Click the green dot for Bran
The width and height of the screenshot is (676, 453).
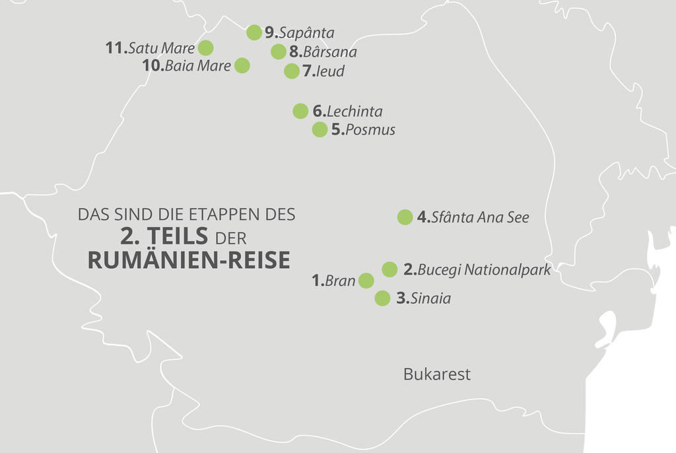[x=366, y=281]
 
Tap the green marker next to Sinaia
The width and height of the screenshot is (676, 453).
[x=382, y=298]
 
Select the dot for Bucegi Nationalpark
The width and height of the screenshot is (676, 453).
[x=389, y=269]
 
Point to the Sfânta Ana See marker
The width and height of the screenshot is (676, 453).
[x=405, y=217]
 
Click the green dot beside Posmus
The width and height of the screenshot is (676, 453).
[x=320, y=129]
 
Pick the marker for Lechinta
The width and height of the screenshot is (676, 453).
[x=300, y=111]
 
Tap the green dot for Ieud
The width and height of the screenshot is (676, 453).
[x=291, y=71]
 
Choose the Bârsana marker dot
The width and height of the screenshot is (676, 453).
[x=279, y=52]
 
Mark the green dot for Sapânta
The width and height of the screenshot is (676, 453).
[x=254, y=32]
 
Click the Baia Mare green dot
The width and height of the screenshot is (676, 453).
[x=242, y=65]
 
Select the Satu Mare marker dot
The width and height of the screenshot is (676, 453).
[x=206, y=48]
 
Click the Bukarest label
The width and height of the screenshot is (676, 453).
[x=437, y=374]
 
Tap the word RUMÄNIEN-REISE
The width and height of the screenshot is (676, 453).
[x=189, y=260]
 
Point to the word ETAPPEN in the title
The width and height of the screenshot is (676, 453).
[x=224, y=215]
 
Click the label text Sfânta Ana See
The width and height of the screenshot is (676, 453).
[x=480, y=217]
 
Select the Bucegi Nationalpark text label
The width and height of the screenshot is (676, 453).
[x=484, y=269]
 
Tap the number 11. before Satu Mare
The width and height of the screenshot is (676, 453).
[x=116, y=48]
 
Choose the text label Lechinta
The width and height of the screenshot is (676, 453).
[x=355, y=112]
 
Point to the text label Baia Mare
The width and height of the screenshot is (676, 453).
[x=198, y=66]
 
